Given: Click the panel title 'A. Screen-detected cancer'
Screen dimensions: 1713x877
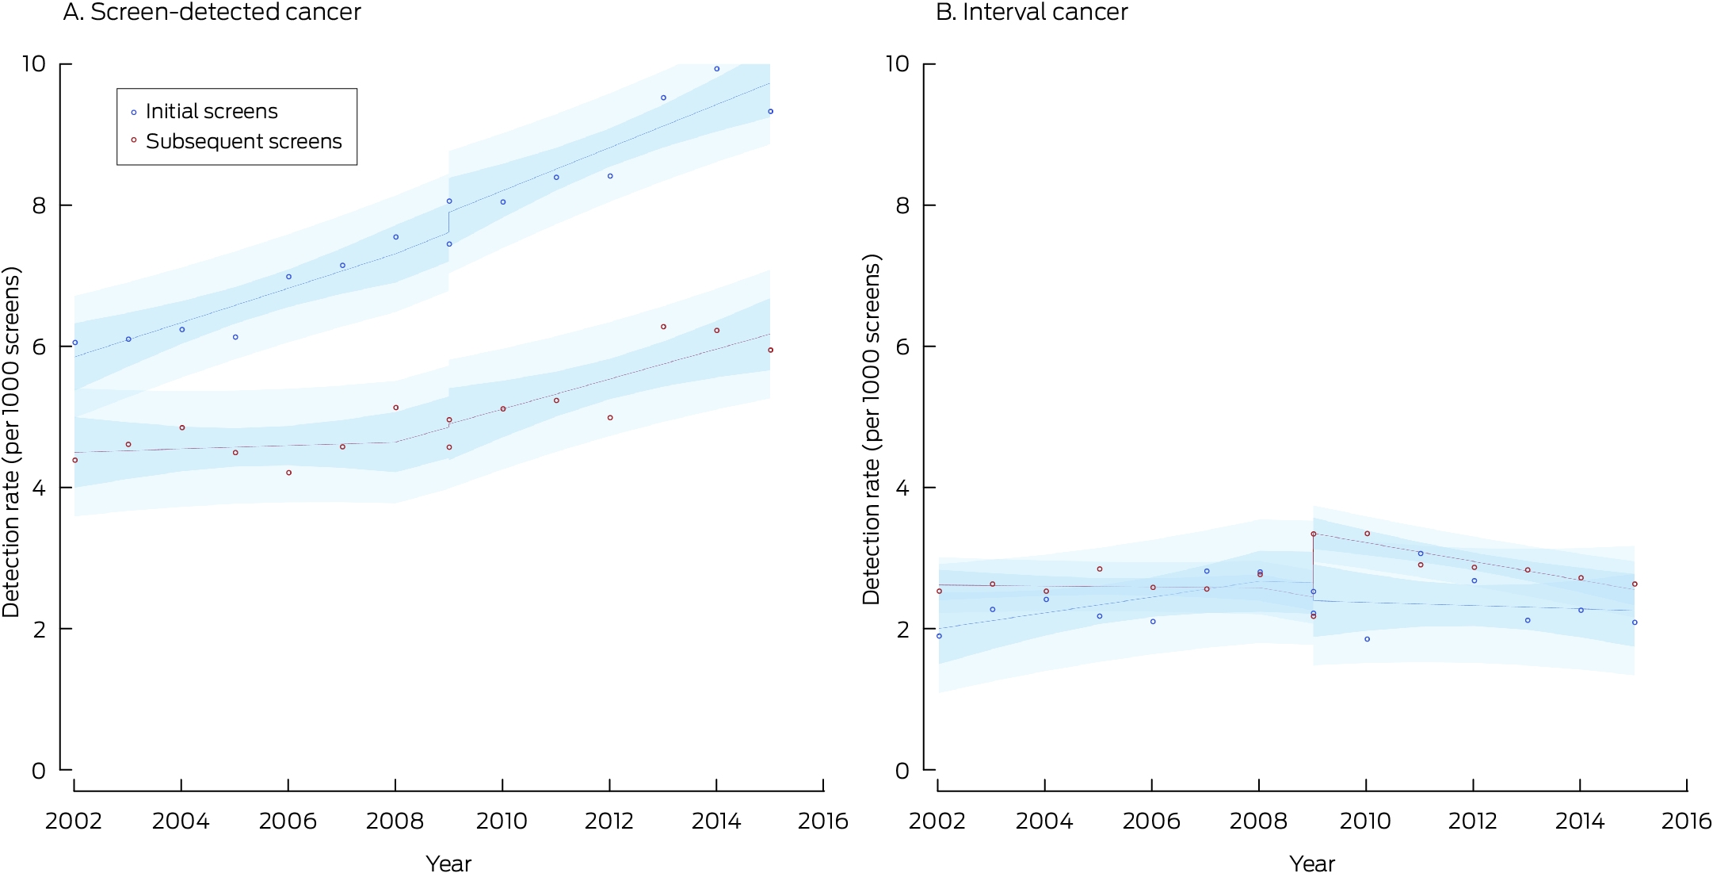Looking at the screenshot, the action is coord(212,13).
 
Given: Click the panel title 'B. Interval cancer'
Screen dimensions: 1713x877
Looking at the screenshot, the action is coord(1032,13).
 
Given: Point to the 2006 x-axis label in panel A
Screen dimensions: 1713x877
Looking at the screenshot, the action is coord(288,821).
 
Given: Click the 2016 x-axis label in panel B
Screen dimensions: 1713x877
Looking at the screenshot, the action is coord(1687,821).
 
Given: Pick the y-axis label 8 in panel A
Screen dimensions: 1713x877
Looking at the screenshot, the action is coord(39,205).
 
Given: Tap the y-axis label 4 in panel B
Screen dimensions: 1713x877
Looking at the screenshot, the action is coord(902,488).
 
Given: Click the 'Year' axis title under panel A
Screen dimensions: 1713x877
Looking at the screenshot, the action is coord(448,864).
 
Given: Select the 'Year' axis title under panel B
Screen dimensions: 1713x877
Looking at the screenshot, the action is coord(1312,864).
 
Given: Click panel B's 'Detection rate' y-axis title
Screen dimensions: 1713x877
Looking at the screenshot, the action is coord(872,429).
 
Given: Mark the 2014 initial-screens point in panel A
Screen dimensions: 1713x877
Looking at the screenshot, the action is coord(717,69).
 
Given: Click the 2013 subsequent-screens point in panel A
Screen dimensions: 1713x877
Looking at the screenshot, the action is coord(663,327).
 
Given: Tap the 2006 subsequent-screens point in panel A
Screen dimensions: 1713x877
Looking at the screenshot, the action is coord(288,473).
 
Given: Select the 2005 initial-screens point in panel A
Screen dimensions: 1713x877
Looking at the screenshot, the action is coord(235,337).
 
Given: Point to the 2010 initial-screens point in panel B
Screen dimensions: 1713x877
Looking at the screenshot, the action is coord(1367,639).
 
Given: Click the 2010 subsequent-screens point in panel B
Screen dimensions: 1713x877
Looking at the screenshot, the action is coord(1367,534).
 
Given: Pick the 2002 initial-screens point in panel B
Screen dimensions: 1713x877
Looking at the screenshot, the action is coord(939,636).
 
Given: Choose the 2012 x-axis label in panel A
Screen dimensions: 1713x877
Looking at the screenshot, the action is coord(609,821).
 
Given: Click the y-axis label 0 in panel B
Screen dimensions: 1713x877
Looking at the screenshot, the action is coord(902,771).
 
